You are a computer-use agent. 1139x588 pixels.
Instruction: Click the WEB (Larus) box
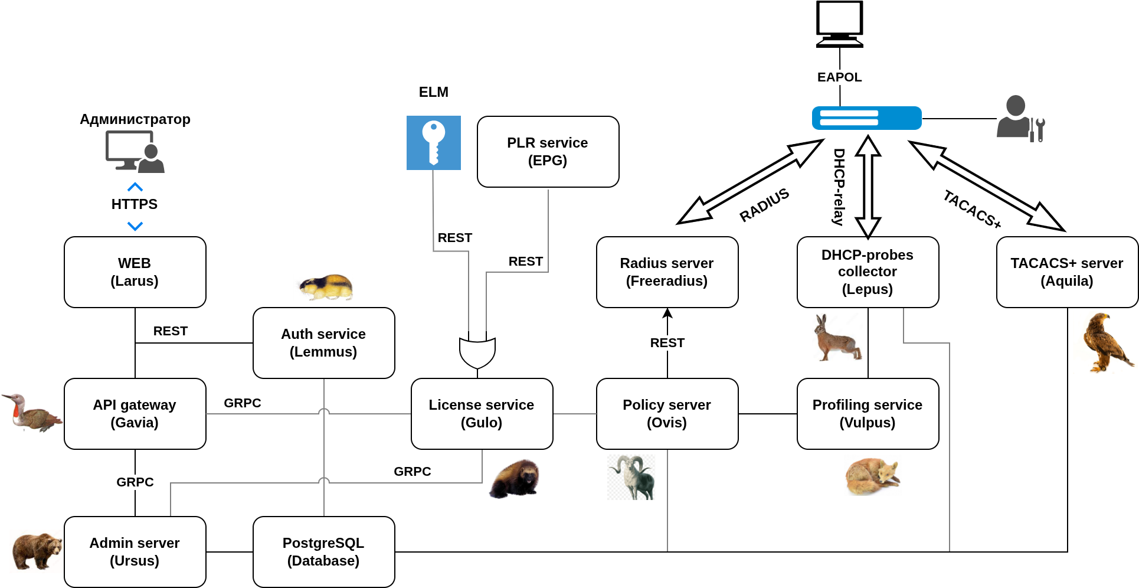point(135,272)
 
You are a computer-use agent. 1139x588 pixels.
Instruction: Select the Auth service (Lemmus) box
point(323,343)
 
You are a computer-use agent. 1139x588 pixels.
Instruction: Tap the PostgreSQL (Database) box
point(323,552)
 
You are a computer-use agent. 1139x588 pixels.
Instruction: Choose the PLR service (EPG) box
point(548,152)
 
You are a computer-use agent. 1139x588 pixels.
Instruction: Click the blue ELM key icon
point(434,143)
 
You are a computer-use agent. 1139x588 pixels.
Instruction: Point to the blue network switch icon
point(866,118)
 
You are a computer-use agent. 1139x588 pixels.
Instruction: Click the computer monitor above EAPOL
point(839,24)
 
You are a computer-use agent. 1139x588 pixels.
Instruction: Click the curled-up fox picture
point(873,476)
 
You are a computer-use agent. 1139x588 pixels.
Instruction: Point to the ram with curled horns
point(631,477)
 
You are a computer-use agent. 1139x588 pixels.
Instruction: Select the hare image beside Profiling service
point(837,338)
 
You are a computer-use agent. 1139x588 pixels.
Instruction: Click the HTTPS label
point(135,204)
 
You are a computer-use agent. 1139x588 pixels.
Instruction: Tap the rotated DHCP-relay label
point(839,187)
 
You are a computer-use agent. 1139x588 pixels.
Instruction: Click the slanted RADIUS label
point(764,205)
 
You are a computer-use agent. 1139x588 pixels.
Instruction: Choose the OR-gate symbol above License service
point(477,352)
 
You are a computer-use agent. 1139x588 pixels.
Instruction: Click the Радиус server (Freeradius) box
point(667,272)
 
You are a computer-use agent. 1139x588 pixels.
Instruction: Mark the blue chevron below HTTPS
point(135,226)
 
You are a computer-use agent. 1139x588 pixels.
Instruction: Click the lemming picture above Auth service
point(326,287)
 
